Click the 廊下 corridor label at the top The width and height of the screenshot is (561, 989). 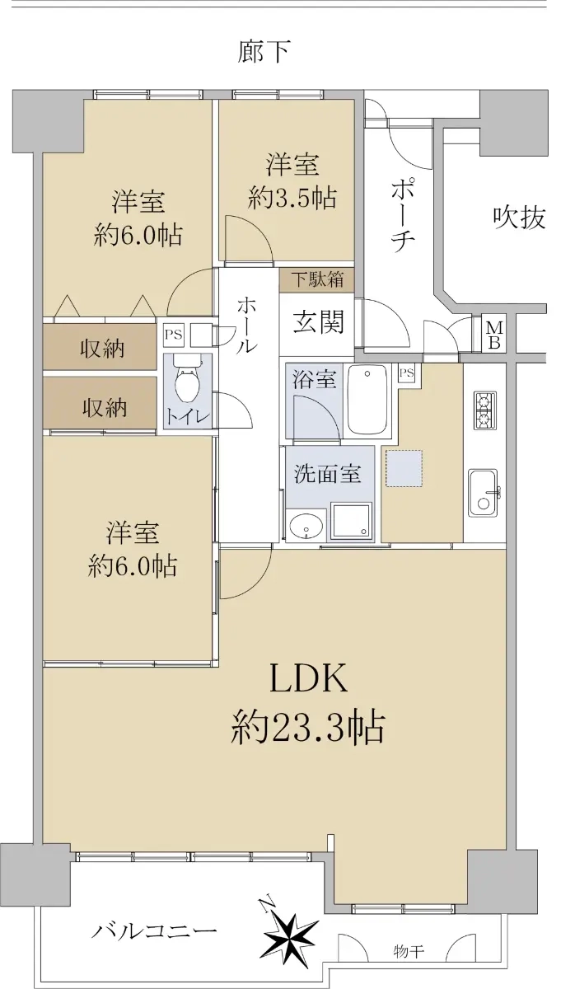264,52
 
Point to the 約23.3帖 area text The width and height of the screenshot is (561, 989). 307,727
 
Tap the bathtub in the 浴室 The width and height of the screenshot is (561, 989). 367,400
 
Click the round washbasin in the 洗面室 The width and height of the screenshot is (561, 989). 306,526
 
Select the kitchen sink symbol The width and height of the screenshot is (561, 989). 484,492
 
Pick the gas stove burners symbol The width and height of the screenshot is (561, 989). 485,410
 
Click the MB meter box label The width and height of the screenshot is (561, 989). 494,335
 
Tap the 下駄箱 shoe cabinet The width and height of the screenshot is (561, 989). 317,279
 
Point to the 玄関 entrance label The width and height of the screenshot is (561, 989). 318,321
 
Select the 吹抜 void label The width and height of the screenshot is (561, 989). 519,218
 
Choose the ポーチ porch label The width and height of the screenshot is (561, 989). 403,215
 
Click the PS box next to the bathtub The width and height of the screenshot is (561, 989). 407,373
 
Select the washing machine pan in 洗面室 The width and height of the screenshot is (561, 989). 350,521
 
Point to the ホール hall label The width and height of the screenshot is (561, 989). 246,326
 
